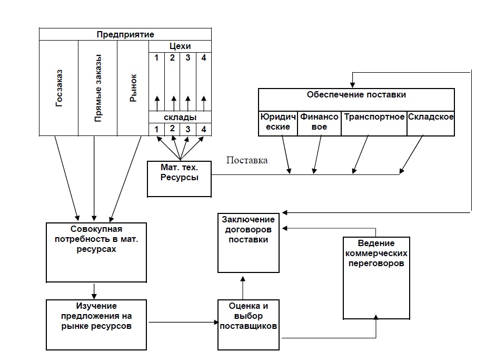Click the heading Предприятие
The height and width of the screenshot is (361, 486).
click(125, 34)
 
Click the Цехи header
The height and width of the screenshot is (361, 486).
click(180, 46)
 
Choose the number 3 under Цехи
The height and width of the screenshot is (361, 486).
click(187, 58)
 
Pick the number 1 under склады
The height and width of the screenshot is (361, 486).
click(156, 129)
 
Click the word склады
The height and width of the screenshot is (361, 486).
click(180, 117)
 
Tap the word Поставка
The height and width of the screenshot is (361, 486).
click(247, 160)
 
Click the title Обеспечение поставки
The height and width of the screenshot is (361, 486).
click(356, 95)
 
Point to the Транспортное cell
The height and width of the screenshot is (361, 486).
click(374, 118)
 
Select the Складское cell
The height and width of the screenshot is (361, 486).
click(430, 118)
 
